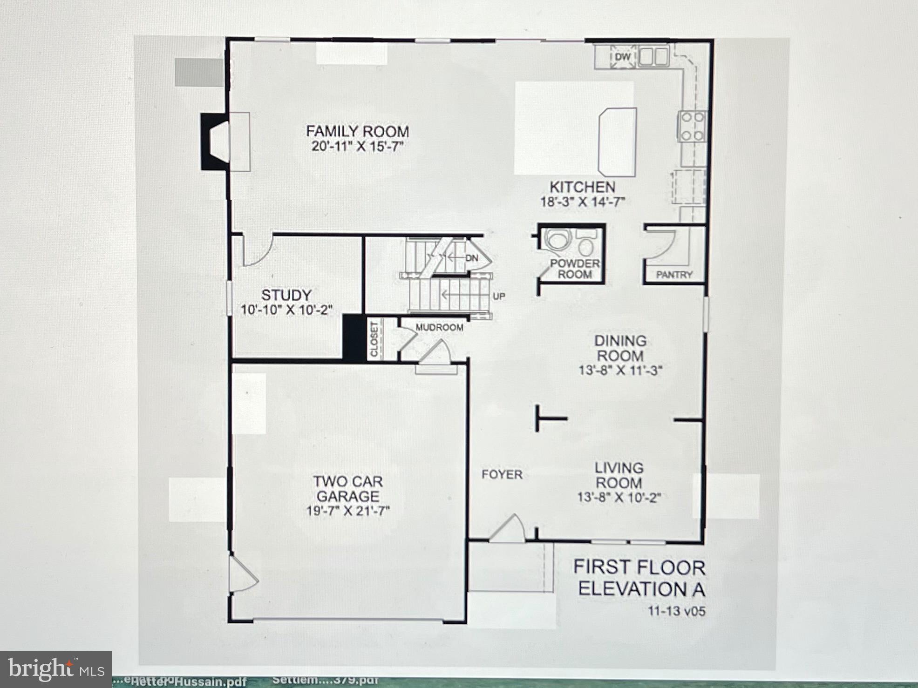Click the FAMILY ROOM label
(357, 131)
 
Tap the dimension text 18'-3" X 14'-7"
(582, 202)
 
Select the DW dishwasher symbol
(623, 57)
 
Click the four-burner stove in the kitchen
(693, 126)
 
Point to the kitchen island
(617, 142)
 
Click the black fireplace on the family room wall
(214, 141)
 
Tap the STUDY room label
(286, 295)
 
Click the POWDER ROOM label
(575, 269)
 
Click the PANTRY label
(674, 275)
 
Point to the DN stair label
(471, 257)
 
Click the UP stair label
(499, 296)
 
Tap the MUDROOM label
(439, 328)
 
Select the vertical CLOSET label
(374, 339)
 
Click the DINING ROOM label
(620, 348)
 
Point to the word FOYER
(502, 474)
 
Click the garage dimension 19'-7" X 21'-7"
(347, 511)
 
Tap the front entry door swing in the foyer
(509, 529)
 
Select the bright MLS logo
(56, 669)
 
